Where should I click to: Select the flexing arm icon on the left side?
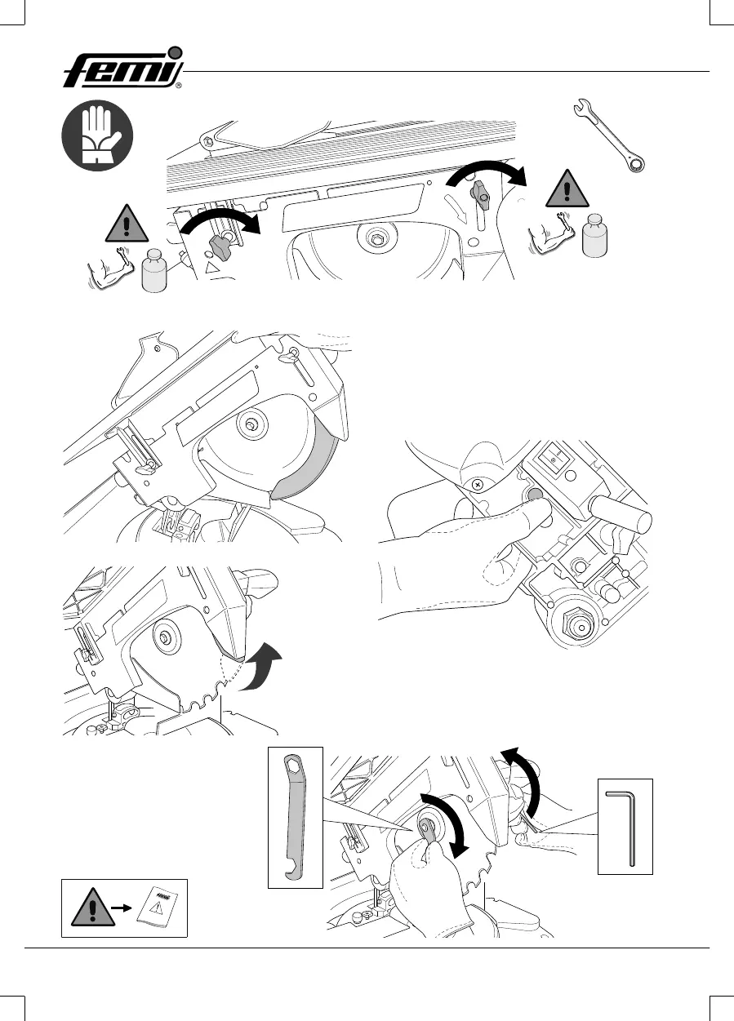(107, 271)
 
